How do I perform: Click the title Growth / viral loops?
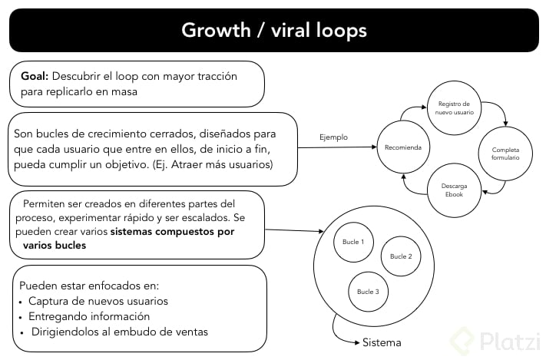(x=273, y=30)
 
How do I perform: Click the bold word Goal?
(x=35, y=77)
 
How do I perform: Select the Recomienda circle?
(x=403, y=146)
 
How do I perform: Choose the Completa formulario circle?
(x=505, y=153)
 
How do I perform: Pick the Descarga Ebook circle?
(x=454, y=189)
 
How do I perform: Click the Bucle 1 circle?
(x=353, y=243)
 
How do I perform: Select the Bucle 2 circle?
(x=401, y=256)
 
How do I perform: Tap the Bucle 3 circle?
(x=368, y=292)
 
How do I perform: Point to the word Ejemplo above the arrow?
(x=333, y=137)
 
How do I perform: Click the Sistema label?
(x=382, y=342)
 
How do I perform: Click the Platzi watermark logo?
(x=491, y=340)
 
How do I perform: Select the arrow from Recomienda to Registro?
(x=412, y=114)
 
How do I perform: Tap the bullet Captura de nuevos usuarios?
(x=98, y=301)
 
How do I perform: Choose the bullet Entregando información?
(x=88, y=316)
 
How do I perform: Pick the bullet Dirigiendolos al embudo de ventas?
(x=119, y=332)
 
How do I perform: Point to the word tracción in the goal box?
(x=216, y=77)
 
